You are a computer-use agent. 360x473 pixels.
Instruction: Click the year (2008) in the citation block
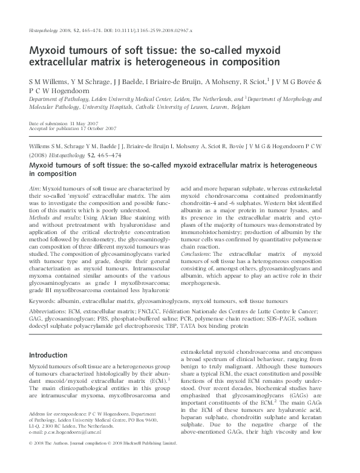41,154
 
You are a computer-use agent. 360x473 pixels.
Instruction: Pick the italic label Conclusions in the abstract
201,255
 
